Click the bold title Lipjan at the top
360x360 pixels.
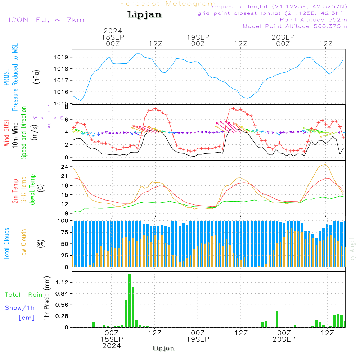point(144,15)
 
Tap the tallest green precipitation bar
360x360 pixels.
point(129,301)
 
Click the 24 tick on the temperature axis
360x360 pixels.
point(65,167)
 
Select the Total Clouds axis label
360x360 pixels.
point(7,243)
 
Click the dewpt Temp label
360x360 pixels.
point(33,190)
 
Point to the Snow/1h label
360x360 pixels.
point(20,308)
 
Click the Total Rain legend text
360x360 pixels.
point(24,295)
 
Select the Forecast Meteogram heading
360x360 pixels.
point(168,4)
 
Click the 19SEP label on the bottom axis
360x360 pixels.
point(198,339)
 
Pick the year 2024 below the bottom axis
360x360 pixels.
point(112,346)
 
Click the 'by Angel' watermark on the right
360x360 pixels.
point(352,249)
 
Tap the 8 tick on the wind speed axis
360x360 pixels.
point(66,107)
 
